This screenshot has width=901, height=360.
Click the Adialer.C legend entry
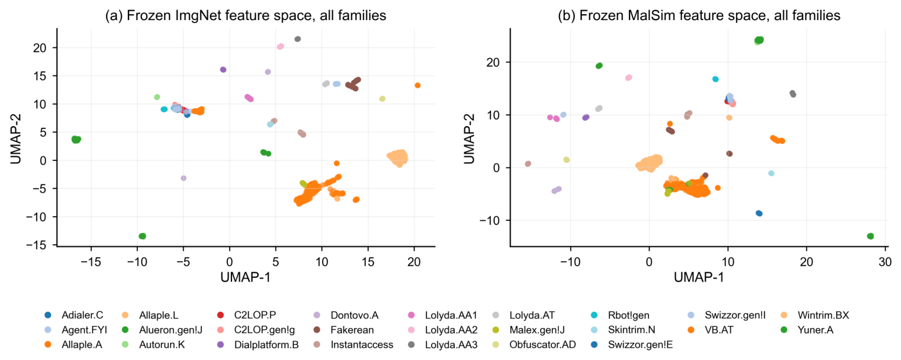[74, 315]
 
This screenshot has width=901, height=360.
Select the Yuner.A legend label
[807, 330]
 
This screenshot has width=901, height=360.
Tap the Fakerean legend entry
[343, 330]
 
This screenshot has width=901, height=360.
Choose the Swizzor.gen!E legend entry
[632, 345]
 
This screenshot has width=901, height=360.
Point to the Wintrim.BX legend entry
[814, 315]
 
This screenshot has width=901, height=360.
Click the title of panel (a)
[246, 15]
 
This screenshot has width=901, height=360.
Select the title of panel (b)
[699, 15]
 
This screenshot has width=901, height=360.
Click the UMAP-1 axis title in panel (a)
[246, 277]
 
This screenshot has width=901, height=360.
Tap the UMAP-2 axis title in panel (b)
[469, 139]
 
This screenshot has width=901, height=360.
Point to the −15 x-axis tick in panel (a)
[91, 262]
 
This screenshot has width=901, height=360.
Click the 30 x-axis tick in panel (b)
[885, 262]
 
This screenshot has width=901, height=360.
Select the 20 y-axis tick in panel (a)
[40, 48]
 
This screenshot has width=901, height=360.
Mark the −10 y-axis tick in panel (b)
[489, 220]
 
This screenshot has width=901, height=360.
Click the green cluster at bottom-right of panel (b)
[870, 236]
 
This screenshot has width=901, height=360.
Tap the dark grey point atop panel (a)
[297, 39]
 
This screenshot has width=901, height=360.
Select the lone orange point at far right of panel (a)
[418, 85]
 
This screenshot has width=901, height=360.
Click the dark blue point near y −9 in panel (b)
[759, 213]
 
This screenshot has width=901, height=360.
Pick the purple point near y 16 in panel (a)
[223, 70]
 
